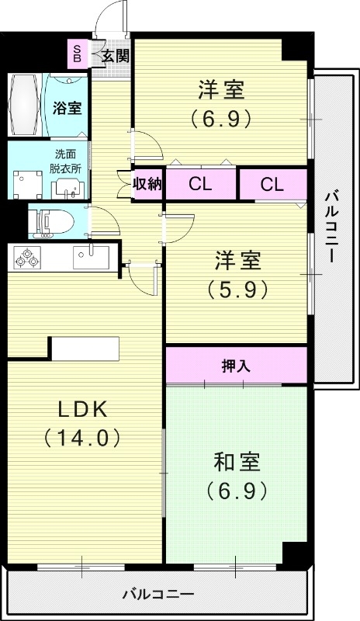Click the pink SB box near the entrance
tap(77, 52)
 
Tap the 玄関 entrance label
tap(113, 55)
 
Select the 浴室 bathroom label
tap(65, 109)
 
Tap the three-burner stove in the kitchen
tap(28, 257)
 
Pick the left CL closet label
tap(200, 184)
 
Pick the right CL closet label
tap(272, 184)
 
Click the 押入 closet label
tap(236, 365)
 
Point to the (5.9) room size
tap(237, 289)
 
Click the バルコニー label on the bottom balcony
tap(158, 595)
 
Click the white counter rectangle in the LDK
tap(85, 349)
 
